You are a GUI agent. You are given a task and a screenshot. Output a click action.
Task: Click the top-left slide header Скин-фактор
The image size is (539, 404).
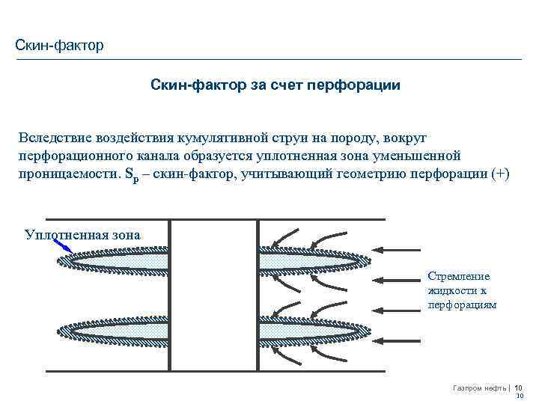click(59, 46)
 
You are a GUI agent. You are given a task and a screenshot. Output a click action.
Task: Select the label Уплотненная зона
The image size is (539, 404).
click(82, 234)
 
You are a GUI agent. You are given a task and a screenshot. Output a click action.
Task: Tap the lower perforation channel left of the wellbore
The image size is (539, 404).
click(116, 330)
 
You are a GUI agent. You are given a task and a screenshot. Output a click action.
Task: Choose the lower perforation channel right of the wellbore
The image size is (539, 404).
click(307, 330)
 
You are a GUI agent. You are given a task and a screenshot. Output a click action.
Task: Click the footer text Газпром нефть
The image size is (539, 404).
click(480, 388)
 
